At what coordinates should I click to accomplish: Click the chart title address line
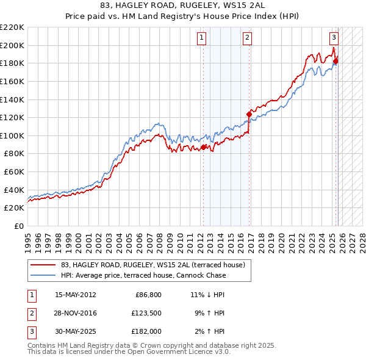coord(182,5)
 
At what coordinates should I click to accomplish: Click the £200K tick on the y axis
coord(12,45)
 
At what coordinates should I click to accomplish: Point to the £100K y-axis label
coord(12,135)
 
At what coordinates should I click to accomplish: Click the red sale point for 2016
coord(249,114)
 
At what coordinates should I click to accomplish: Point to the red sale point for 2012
coord(204,147)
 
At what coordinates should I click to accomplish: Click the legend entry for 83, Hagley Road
coord(152,265)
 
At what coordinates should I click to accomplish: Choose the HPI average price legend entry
coord(143,275)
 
